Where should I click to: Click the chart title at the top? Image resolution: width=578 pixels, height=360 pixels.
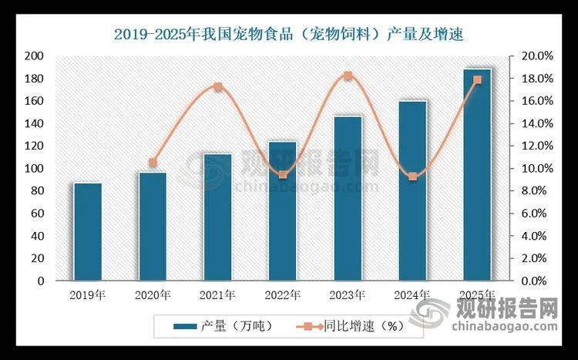point(288,33)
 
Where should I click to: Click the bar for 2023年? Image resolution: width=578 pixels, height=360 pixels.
point(348,198)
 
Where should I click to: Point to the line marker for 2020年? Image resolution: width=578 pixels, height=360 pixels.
point(153,163)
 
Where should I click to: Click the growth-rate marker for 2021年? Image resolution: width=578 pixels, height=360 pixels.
point(218,87)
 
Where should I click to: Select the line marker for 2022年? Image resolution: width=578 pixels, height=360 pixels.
point(283,175)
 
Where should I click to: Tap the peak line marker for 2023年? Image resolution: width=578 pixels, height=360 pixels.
point(348,76)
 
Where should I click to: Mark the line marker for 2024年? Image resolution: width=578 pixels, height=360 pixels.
point(413,177)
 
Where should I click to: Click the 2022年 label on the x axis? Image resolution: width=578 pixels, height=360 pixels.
point(282,294)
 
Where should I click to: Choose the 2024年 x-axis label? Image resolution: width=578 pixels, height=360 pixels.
point(412,294)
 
